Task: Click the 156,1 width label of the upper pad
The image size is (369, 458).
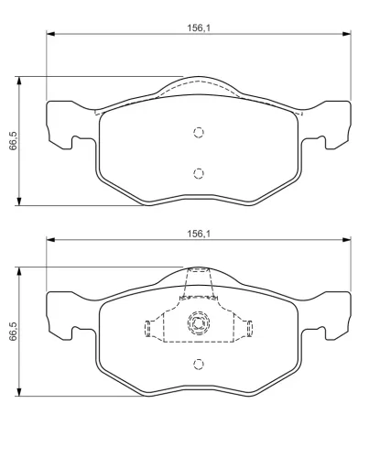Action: (x=199, y=28)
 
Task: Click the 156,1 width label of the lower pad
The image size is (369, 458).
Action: (x=199, y=234)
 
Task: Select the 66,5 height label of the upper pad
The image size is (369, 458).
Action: (x=14, y=141)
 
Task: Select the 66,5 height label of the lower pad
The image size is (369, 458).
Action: (x=14, y=332)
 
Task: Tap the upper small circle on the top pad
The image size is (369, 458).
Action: (x=199, y=132)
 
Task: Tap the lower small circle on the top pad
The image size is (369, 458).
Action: (x=199, y=173)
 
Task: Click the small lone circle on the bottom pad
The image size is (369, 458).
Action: (x=199, y=364)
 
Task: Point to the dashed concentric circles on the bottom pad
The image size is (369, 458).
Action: (x=199, y=323)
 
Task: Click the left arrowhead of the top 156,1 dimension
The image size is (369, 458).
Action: (x=50, y=34)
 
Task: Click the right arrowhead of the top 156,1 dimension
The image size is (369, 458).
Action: (x=347, y=34)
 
